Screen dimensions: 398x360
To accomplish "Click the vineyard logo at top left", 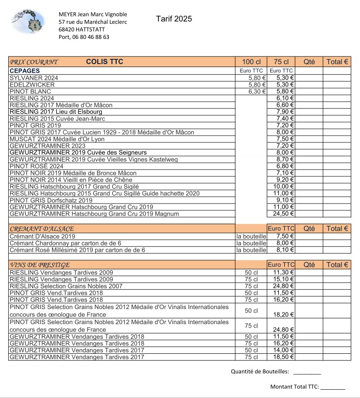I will coord(28,24).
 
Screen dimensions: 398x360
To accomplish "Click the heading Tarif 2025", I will coord(174,19).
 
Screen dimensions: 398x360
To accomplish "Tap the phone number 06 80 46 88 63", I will coord(90,37).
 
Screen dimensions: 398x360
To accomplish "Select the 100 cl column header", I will coord(251,62).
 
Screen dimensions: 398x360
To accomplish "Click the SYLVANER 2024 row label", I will coord(34,78).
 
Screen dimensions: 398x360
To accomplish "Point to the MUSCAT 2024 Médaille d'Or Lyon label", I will coord(57,139).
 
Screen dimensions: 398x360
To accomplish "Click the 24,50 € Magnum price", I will coord(284,214).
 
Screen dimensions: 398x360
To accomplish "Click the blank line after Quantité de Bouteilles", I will coord(307,372).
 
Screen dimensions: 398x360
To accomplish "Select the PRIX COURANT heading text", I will coord(34,62).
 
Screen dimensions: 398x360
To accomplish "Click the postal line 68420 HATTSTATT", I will coord(82,30).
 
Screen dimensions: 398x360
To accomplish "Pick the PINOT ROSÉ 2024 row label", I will coord(36,166).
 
